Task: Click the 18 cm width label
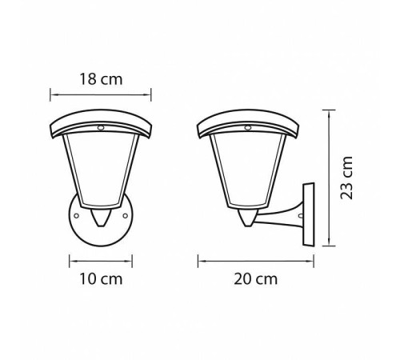coord(102,79)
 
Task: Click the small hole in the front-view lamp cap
coord(102,127)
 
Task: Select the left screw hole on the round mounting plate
coord(75,215)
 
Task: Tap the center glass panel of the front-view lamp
coord(102,172)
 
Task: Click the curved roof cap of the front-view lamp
coord(102,122)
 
